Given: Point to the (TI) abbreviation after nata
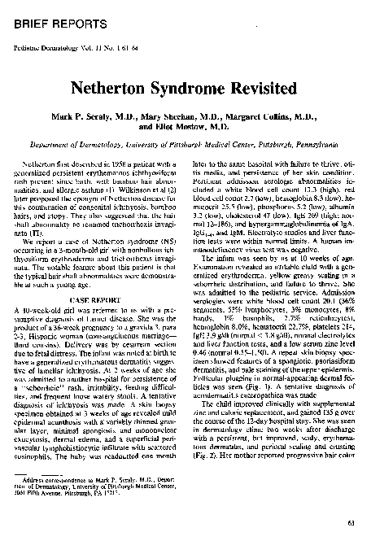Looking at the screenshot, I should pyautogui.click(x=38, y=231).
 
